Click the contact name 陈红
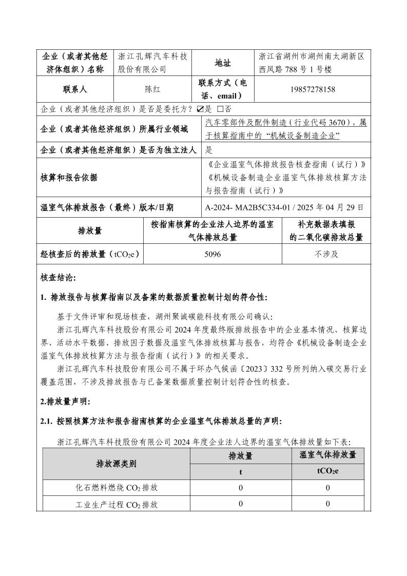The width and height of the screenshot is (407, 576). click(153, 89)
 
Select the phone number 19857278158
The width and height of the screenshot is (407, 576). click(312, 89)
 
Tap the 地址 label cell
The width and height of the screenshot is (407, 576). click(223, 63)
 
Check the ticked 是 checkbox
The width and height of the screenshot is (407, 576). click(201, 109)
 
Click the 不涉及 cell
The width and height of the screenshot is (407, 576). click(326, 254)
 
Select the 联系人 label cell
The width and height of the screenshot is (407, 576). click(75, 89)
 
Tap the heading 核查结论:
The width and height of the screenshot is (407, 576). click(57, 278)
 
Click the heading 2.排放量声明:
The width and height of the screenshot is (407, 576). click(64, 403)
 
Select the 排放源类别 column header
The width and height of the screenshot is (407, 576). click(116, 464)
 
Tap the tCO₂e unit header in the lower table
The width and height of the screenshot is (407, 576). click(328, 471)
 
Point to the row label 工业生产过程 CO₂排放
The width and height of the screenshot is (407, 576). click(117, 505)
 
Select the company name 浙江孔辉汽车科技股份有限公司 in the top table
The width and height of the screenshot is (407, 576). click(153, 63)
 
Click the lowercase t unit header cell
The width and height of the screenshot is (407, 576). click(240, 471)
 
